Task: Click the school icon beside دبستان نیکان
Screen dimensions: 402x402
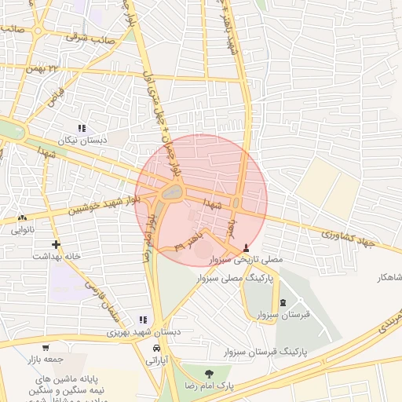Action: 81,128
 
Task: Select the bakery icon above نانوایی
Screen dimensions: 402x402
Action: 23,218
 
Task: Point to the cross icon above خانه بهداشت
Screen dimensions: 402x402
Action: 55,244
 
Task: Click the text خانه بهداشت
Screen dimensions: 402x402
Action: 53,256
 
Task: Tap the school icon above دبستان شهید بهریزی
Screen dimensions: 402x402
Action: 142,320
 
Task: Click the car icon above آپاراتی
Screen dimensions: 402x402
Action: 157,348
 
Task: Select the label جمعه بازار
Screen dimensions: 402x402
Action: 43,358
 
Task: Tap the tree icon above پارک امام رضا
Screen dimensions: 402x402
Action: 209,373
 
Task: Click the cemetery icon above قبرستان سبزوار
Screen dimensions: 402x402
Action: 283,303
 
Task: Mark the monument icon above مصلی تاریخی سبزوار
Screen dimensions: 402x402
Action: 249,247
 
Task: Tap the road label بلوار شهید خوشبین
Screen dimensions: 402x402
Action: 104,204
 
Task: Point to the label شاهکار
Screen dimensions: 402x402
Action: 389,278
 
